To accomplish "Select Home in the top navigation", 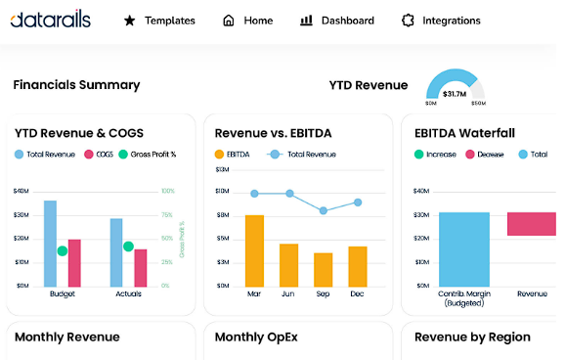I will pos(248,21).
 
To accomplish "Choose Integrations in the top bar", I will pos(441,21).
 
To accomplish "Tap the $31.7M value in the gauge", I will pos(454,94).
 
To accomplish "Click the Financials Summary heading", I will pos(76,85).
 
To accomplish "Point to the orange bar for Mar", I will pos(254,250).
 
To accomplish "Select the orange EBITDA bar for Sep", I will pos(323,269).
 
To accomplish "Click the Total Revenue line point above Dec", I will pos(358,202).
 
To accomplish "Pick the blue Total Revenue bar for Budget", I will pos(51,244).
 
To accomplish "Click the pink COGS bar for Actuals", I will pos(141,267).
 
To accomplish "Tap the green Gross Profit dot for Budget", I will pos(63,251).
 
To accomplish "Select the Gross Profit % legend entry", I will pos(149,155).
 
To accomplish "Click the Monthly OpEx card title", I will pos(257,337).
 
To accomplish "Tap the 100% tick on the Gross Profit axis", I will pos(167,192).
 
